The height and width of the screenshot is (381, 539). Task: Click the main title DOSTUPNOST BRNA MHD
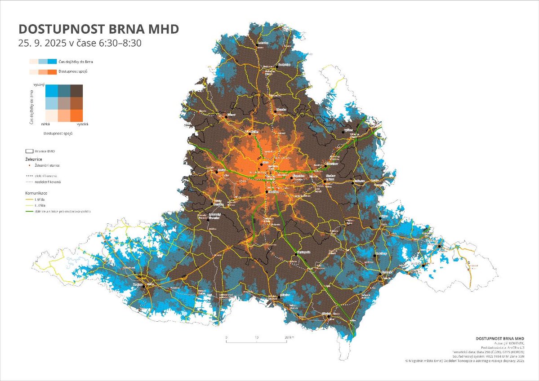(98, 29)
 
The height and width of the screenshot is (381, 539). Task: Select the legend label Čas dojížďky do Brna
(76, 62)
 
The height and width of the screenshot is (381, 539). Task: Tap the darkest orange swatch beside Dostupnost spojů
(52, 72)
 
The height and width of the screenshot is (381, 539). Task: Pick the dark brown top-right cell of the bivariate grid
(76, 90)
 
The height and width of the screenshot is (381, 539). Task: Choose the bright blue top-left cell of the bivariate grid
(51, 90)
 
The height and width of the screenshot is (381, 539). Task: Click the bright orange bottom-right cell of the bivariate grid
(76, 115)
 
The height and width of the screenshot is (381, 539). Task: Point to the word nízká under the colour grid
(45, 124)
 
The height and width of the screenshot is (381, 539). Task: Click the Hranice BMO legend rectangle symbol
(30, 151)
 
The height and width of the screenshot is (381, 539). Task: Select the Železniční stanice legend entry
(47, 165)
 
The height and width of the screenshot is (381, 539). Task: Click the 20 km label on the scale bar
(289, 337)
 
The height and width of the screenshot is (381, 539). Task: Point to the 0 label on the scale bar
(227, 337)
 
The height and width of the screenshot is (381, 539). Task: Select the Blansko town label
(282, 109)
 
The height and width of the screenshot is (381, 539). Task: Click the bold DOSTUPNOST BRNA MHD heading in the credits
(499, 338)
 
